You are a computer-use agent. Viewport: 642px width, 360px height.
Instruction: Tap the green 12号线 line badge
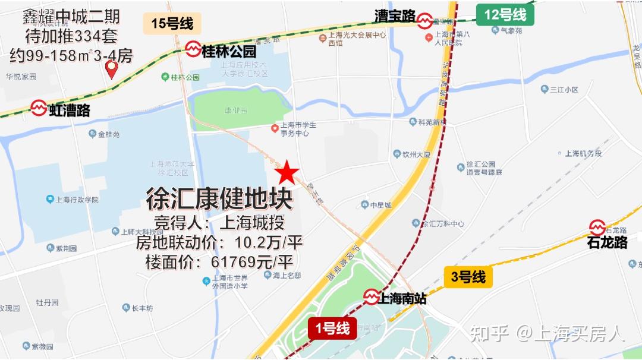coord(505,15)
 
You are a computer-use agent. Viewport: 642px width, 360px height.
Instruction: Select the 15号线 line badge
coord(172,24)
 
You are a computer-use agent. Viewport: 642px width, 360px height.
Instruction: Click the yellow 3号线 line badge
coord(468,276)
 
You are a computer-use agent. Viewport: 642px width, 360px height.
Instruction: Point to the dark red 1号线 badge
coord(332,327)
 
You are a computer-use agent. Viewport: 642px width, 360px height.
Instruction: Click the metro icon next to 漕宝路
coord(424,21)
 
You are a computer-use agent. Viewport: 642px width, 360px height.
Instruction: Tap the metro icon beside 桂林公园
coord(193,50)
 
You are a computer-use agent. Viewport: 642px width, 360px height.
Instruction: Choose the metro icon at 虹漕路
coord(39,108)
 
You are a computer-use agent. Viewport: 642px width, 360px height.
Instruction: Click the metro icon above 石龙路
coord(597,227)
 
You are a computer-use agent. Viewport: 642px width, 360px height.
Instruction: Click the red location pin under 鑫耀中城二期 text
coord(111,70)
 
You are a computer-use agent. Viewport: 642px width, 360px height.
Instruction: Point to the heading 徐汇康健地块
coord(219,200)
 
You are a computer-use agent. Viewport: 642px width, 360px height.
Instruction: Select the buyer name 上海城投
coord(252,223)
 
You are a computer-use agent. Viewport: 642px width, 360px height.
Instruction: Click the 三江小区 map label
coord(564,90)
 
